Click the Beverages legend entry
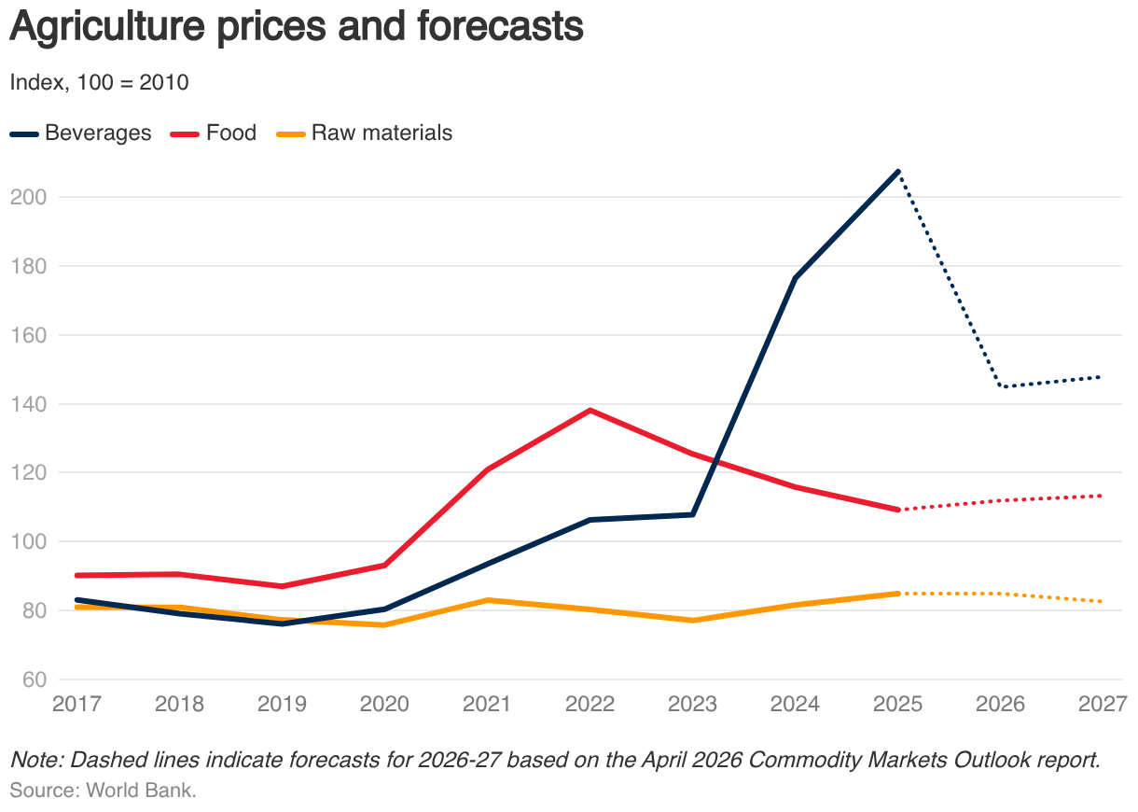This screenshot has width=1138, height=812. [81, 133]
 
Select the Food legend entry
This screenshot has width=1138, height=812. [214, 133]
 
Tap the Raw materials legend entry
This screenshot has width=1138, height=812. [365, 133]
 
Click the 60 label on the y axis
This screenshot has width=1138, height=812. [35, 679]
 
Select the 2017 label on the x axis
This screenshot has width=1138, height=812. [77, 705]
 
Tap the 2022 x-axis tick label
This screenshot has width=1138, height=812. [590, 705]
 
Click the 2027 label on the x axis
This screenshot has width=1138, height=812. [1103, 705]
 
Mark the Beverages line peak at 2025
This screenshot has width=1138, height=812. [898, 172]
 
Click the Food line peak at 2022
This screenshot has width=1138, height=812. [590, 411]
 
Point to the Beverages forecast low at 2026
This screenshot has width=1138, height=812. [1000, 386]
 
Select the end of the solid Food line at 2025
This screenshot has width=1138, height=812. [898, 510]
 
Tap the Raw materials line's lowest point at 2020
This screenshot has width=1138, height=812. [384, 625]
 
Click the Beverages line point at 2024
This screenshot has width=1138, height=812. [795, 278]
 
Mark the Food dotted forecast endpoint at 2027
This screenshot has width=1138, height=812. [1100, 496]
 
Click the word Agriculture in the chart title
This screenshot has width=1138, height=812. [107, 26]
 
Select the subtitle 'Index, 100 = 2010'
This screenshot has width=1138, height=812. [99, 82]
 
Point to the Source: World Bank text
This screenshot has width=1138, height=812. [104, 791]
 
